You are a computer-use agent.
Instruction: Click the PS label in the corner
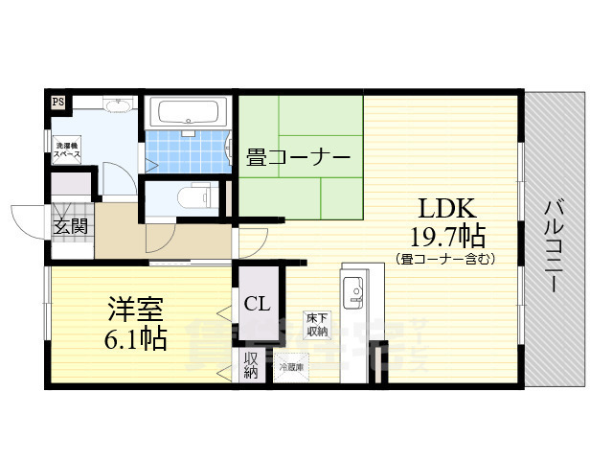click(58, 101)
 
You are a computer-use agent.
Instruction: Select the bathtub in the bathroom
click(189, 114)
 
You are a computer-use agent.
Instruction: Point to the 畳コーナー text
click(298, 157)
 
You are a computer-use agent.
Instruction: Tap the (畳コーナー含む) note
click(444, 258)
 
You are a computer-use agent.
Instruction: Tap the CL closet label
click(257, 305)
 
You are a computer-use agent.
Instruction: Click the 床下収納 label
click(317, 324)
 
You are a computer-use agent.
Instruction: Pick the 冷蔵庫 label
click(290, 367)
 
